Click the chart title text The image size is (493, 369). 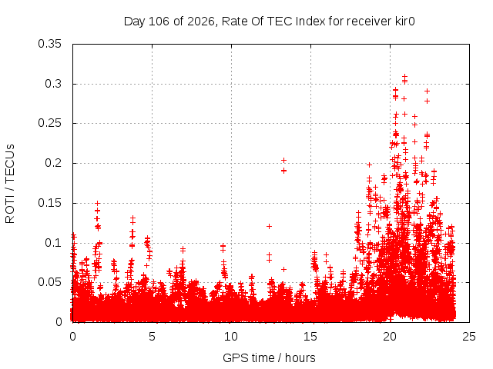270,22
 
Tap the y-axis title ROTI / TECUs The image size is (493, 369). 10,184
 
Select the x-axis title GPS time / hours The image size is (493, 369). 269,357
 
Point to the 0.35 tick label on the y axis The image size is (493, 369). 49,44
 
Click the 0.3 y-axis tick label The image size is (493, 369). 53,84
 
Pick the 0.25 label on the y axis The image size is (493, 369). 49,123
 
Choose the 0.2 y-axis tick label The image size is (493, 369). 53,163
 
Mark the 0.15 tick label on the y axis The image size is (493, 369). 49,203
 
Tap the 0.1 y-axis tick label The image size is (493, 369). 53,243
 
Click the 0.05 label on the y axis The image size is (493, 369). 49,282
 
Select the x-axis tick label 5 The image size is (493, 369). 153,337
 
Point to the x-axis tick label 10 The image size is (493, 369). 231,337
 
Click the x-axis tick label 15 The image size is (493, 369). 310,337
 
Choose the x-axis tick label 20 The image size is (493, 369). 390,337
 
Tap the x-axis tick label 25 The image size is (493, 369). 469,337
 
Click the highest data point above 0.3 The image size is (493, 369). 405,76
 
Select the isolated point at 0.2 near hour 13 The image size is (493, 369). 283,161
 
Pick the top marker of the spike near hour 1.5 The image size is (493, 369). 98,203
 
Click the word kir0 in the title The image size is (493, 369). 405,22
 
